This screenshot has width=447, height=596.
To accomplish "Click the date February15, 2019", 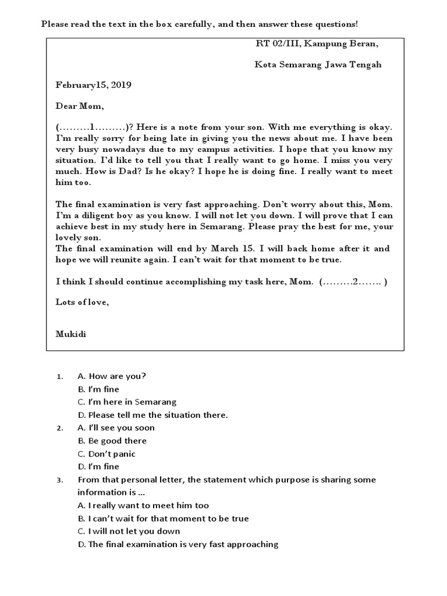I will pos(94,85).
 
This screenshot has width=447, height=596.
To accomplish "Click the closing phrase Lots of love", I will pos(82,302).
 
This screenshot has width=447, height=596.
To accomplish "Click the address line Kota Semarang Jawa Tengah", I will pos(318,65).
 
